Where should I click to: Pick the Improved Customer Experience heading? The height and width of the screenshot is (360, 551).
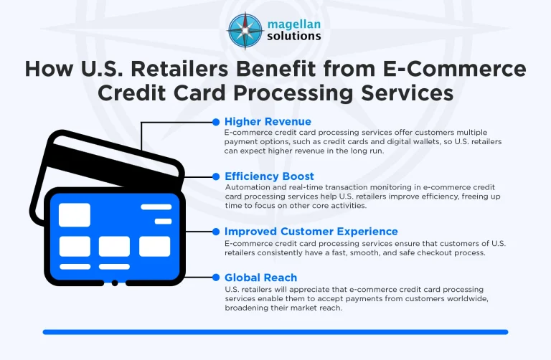311,232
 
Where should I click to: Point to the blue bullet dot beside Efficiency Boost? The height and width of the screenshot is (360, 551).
216,176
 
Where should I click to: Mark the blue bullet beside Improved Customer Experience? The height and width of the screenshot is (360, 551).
216,232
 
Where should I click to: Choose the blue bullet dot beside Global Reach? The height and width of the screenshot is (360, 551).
216,277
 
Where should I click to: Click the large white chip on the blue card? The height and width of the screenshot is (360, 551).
75,214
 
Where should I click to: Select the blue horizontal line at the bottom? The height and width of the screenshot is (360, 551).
275,332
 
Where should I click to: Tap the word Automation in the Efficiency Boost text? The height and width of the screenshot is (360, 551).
249,187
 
